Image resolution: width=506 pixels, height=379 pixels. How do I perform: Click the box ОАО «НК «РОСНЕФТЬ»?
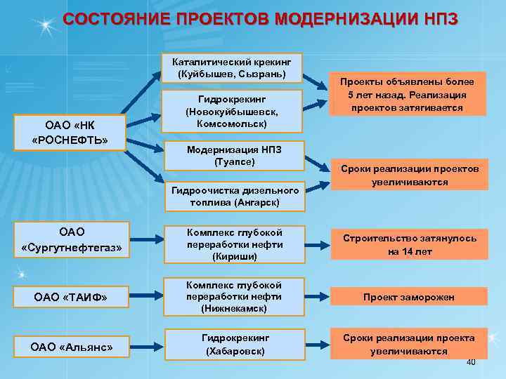70,133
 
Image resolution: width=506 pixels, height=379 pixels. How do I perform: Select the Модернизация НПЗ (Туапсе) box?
233,155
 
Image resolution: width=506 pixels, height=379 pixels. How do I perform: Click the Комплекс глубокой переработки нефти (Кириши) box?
233,244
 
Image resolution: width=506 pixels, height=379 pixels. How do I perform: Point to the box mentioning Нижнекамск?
233,296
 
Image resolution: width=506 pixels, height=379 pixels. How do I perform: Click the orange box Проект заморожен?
408,297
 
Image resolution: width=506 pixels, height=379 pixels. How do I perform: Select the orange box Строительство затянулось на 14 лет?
408,244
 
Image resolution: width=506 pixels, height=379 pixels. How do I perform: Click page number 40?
471,362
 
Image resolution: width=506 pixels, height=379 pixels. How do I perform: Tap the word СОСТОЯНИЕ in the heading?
113,20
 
